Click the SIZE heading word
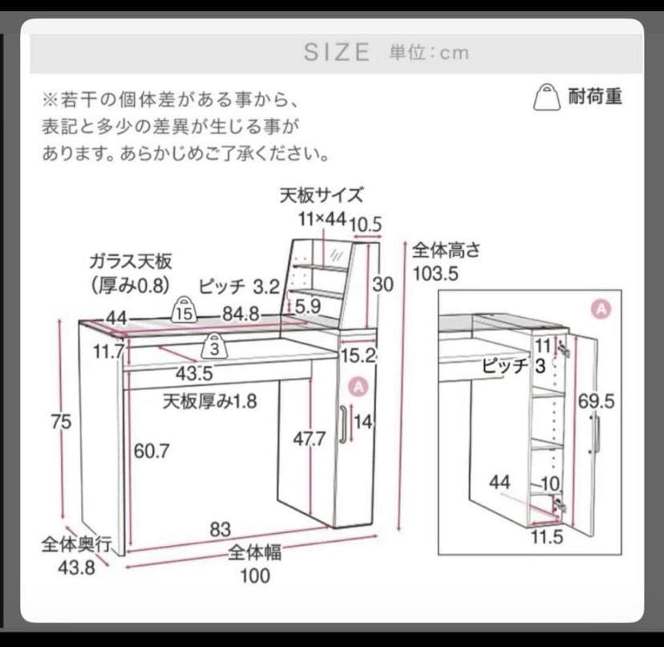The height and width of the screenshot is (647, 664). pos(337,52)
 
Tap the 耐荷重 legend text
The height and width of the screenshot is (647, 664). pos(595,97)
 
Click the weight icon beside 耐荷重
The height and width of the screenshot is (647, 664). pos(547,96)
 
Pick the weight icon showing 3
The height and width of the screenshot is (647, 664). pos(214,346)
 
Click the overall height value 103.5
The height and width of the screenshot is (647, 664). pos(435,274)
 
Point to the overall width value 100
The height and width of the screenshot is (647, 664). pos(254,575)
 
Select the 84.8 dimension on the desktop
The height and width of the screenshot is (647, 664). pos(241,315)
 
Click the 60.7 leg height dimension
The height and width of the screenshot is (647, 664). pos(152,450)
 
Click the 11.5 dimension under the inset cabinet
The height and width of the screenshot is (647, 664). pos(547,537)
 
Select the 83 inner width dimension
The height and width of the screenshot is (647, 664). pos(221,530)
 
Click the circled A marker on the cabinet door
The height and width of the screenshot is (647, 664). pos(358,386)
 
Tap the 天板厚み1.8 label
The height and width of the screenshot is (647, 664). pos(210,401)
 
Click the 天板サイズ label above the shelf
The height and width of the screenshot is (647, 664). pos(322,194)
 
